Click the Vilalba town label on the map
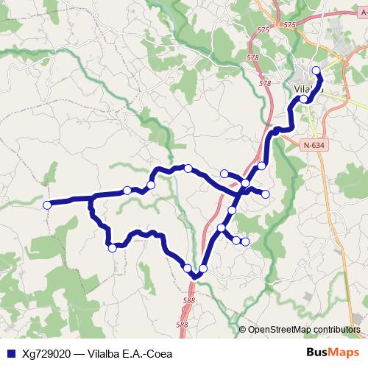tap(308, 89)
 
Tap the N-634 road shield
tap(314, 145)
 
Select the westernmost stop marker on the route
tap(47, 205)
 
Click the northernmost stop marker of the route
tap(316, 71)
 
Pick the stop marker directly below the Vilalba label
tap(303, 99)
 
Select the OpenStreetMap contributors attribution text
tap(304, 329)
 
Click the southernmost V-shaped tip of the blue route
tap(195, 277)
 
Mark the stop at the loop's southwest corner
tap(112, 248)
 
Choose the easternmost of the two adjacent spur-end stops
tap(245, 241)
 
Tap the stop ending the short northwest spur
tap(224, 174)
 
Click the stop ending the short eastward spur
tap(266, 194)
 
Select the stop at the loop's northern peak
tap(188, 169)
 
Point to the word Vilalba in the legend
tap(106, 353)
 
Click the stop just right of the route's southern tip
tap(203, 269)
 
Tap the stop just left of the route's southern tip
tap(188, 268)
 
